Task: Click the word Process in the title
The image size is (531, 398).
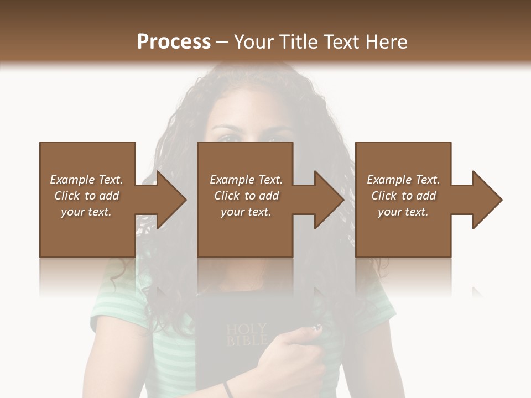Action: coord(174,42)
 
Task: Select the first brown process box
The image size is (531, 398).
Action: coord(87,232)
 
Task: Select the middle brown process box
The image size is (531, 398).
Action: coord(245,232)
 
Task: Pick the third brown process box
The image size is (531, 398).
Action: coord(403,232)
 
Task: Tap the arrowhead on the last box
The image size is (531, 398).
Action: coord(486,200)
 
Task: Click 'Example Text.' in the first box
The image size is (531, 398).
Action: coord(86,180)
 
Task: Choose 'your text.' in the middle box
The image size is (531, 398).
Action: coord(246,212)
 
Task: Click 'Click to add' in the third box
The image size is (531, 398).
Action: coord(403,196)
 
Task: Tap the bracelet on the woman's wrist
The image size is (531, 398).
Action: coord(228,389)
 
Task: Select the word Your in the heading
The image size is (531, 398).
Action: coord(254,42)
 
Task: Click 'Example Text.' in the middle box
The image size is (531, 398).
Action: coord(246,180)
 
